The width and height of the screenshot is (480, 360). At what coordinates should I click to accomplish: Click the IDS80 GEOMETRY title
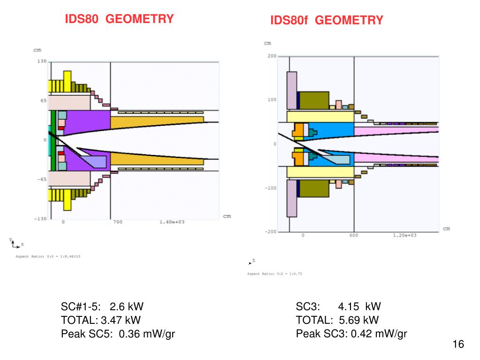point(119,19)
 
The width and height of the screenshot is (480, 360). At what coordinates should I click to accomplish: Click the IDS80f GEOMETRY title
point(327,20)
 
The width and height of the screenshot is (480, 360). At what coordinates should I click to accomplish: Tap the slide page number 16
point(458,345)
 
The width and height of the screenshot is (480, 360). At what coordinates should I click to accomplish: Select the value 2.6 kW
point(126,307)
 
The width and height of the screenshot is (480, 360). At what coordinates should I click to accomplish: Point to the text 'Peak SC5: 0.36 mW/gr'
point(118,334)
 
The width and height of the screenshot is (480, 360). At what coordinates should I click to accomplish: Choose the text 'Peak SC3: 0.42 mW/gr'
point(351,334)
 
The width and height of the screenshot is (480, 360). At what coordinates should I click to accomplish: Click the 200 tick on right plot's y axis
point(271,56)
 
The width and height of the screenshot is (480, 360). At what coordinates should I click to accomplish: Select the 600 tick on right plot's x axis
point(353,235)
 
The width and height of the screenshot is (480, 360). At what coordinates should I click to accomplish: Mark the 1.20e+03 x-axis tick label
point(404,235)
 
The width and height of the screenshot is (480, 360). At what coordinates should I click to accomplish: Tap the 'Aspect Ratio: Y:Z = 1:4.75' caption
point(274,274)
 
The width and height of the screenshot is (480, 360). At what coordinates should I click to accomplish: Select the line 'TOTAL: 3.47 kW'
point(101,321)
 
